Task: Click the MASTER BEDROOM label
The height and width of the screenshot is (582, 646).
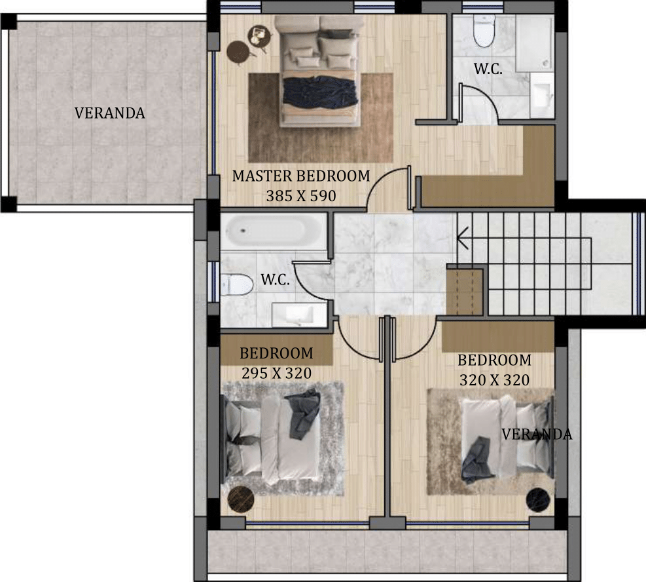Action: point(301,176)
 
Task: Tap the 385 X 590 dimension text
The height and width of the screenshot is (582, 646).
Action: point(301,196)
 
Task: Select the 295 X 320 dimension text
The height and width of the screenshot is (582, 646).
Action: point(276,374)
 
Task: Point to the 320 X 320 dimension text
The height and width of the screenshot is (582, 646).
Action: point(494,380)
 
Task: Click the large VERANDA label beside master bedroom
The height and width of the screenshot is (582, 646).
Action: point(109,113)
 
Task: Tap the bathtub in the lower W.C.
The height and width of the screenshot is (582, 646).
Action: point(272,231)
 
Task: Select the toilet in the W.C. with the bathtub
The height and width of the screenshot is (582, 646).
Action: point(236,285)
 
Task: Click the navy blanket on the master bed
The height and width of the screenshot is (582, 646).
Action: point(319,92)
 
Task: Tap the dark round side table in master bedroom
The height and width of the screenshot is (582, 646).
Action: point(238,52)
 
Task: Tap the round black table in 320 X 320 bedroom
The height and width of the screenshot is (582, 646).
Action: point(538,500)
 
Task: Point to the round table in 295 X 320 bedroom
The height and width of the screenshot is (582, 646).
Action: point(241,500)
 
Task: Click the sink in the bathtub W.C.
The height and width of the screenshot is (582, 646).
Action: point(300,315)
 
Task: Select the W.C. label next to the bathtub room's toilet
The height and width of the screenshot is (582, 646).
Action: point(275,280)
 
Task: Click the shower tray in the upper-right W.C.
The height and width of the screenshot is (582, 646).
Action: point(533,43)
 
